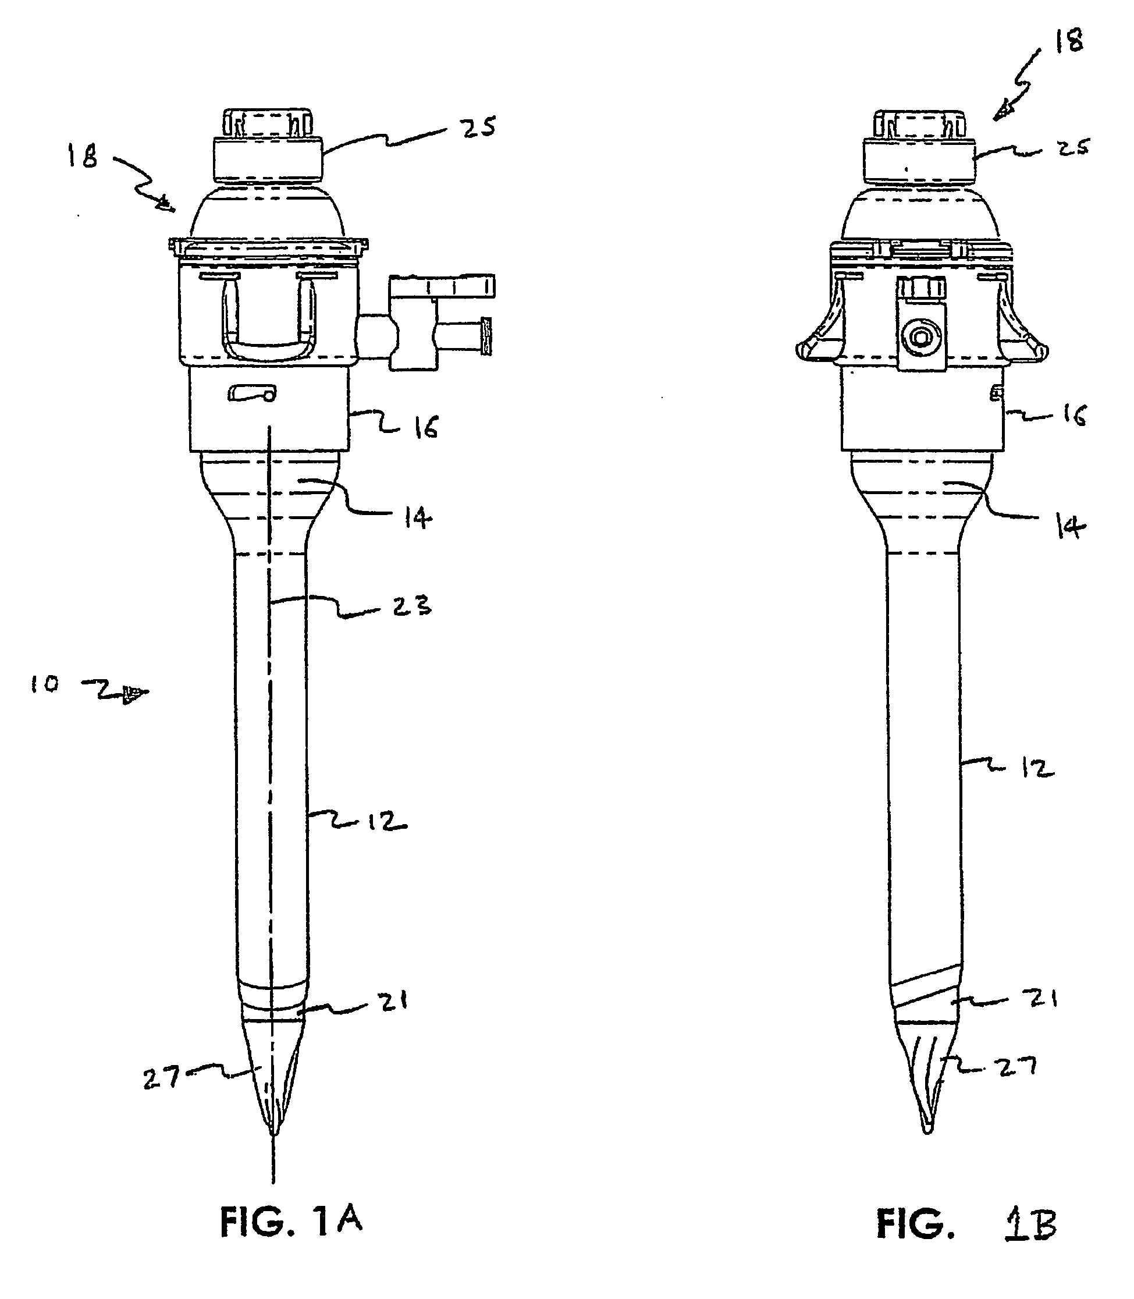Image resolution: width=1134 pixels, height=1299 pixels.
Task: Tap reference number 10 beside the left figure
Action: coord(44,684)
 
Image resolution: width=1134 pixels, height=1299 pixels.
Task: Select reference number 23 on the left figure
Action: coord(411,606)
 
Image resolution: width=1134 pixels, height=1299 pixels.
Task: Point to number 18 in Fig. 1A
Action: coord(83,156)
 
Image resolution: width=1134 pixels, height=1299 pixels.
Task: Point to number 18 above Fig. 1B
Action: coord(1068,41)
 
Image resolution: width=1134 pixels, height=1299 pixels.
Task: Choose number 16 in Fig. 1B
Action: coord(1074,416)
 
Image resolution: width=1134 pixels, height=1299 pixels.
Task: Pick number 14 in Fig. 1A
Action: coord(418,519)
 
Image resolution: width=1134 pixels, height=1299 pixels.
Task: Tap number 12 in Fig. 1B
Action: coord(1037,768)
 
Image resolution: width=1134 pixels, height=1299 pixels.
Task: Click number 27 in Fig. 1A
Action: coord(161,1077)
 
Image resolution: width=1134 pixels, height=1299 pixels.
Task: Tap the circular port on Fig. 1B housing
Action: coord(920,338)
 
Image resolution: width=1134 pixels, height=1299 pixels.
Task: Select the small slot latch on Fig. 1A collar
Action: coord(252,395)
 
